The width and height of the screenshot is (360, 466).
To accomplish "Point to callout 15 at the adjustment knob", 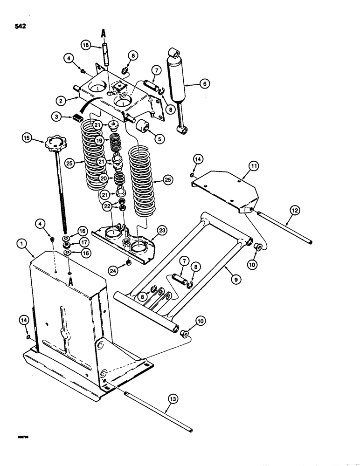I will coord(27,138).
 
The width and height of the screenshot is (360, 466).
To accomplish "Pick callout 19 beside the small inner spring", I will coord(98,140).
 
